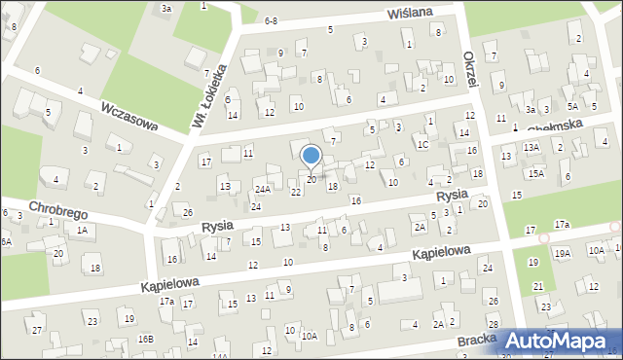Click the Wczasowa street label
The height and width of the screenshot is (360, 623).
(129, 117)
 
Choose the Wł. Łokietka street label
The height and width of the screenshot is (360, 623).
(208, 96)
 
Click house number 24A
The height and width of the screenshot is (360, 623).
(262, 188)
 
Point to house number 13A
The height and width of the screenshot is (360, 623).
(531, 147)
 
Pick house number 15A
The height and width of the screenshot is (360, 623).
(536, 173)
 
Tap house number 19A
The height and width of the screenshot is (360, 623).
(563, 253)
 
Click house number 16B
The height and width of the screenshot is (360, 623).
(145, 339)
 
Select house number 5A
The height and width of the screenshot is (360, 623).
(573, 106)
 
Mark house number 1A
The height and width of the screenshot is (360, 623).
(82, 231)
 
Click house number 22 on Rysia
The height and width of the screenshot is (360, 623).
(296, 192)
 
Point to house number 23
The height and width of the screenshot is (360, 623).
(92, 321)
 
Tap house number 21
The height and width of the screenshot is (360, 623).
(538, 286)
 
